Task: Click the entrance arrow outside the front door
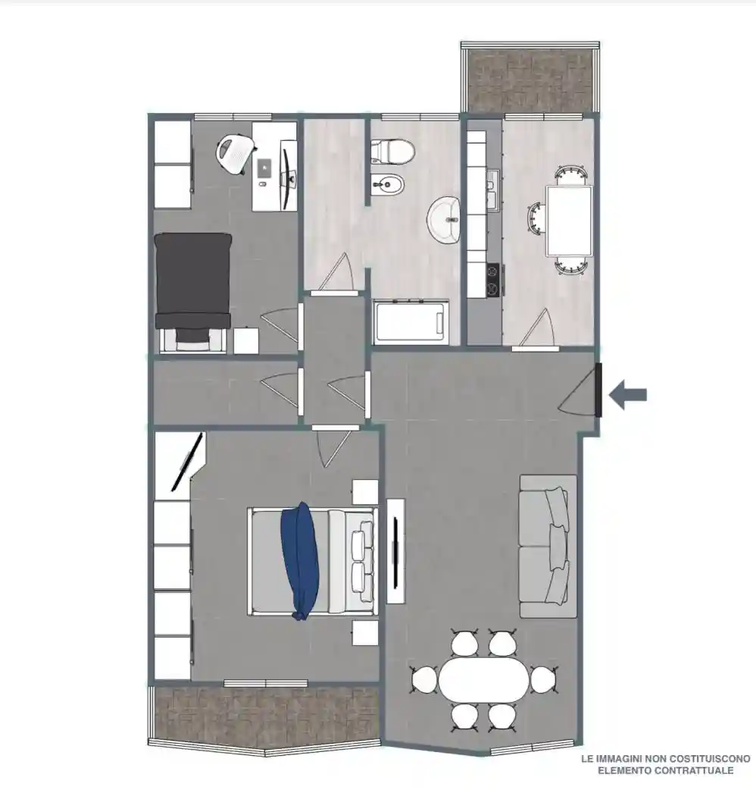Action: pyautogui.click(x=628, y=395)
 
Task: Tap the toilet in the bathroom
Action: pyautogui.click(x=392, y=151)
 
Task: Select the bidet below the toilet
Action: pyautogui.click(x=388, y=186)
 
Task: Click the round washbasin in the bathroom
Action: pyautogui.click(x=444, y=219)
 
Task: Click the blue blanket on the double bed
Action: pyautogui.click(x=300, y=561)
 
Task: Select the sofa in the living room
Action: pyautogui.click(x=548, y=547)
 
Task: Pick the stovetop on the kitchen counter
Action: pyautogui.click(x=493, y=280)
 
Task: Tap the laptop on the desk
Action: pyautogui.click(x=265, y=169)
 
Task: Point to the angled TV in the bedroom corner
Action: pyautogui.click(x=188, y=462)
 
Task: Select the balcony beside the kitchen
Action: pyautogui.click(x=530, y=77)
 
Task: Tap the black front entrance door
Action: pyautogui.click(x=598, y=390)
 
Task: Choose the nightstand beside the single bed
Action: pyautogui.click(x=246, y=340)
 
